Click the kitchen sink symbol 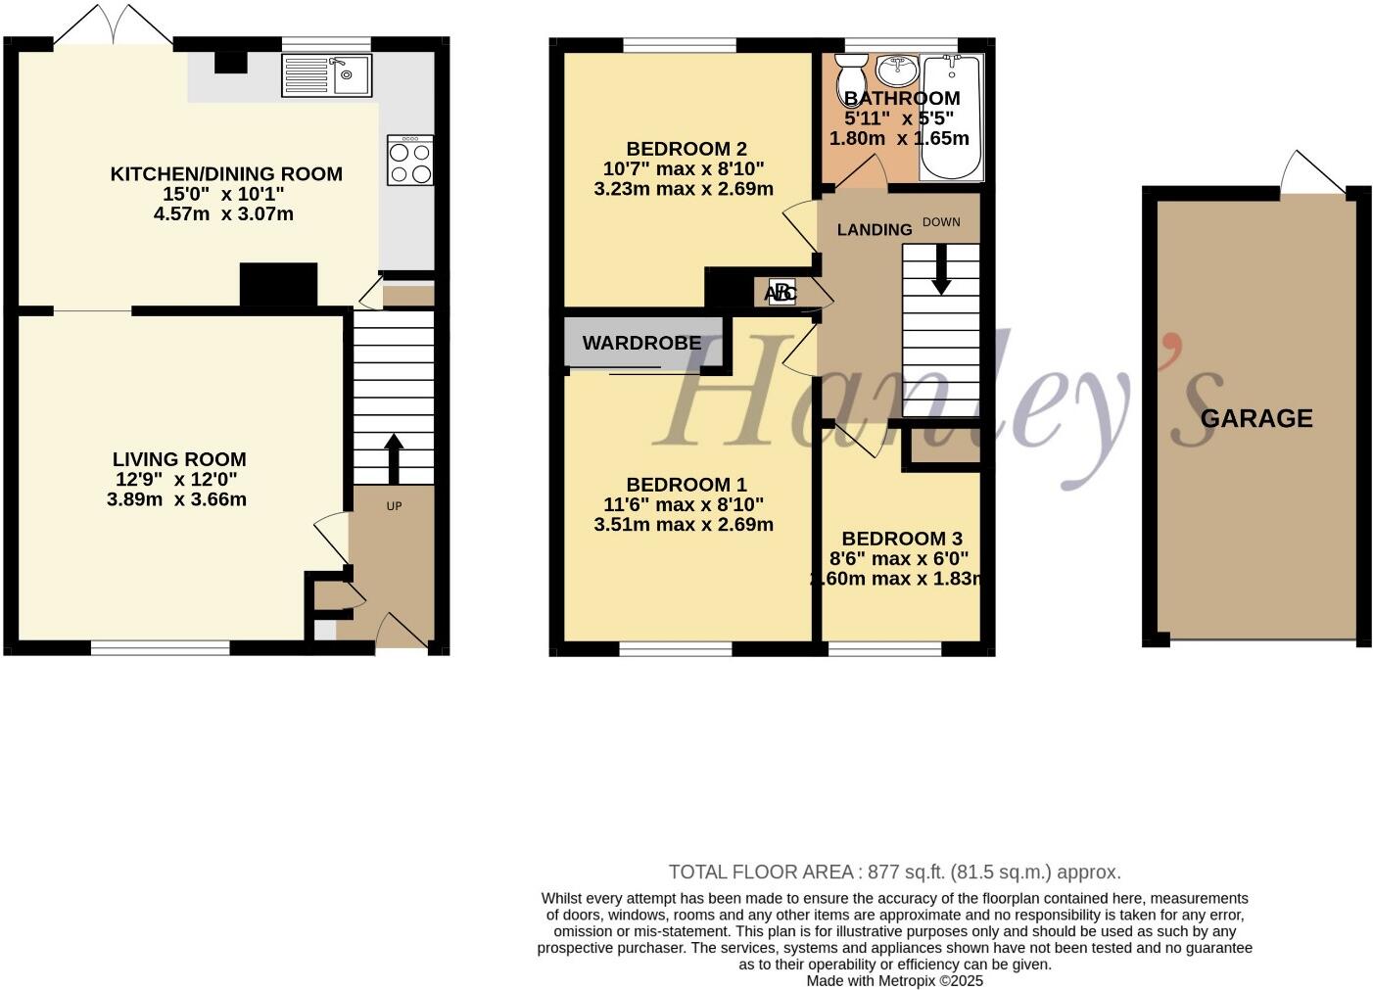(x=326, y=74)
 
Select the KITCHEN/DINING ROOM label (x=226, y=174)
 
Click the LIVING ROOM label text (x=179, y=459)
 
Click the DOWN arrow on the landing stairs (x=941, y=268)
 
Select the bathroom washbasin (x=896, y=70)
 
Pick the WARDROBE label (x=641, y=343)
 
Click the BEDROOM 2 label (x=686, y=149)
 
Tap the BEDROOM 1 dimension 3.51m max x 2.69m (x=684, y=525)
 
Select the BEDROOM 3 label (x=902, y=539)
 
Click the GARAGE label (x=1256, y=419)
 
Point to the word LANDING (x=875, y=229)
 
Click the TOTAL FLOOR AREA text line (x=894, y=872)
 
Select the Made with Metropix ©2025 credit (x=894, y=980)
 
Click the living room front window (x=161, y=647)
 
